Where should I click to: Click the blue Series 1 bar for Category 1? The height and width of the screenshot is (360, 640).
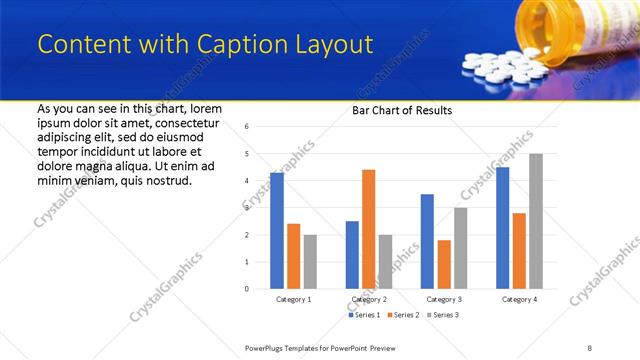[277, 230]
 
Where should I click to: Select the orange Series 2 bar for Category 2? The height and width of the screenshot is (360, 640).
[368, 229]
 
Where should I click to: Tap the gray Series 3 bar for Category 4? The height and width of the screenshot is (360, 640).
[536, 221]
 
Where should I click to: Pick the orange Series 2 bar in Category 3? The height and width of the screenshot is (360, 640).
[444, 264]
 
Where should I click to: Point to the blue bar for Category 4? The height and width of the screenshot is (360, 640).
[502, 228]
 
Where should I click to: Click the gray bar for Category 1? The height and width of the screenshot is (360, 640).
[310, 261]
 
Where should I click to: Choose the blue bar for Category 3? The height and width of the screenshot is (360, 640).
[427, 241]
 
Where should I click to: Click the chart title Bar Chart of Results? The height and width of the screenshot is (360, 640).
[402, 110]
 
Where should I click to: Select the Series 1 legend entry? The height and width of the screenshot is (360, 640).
[364, 315]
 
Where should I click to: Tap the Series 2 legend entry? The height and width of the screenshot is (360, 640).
[402, 315]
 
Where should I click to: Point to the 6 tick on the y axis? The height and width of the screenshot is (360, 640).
[247, 126]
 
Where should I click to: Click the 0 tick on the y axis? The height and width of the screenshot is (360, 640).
[247, 289]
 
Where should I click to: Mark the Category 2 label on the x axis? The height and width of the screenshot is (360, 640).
[369, 299]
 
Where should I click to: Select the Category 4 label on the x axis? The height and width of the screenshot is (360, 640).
[519, 299]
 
